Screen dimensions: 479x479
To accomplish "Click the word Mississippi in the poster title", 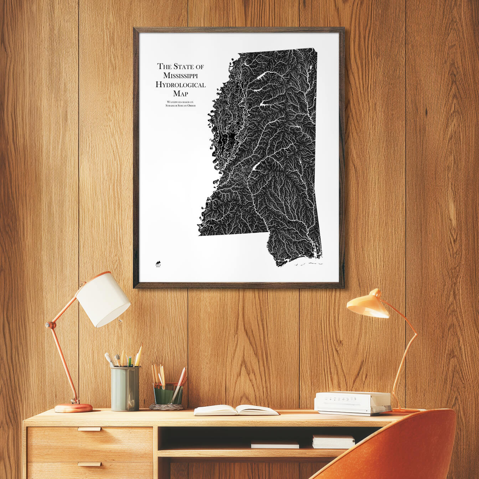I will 180,75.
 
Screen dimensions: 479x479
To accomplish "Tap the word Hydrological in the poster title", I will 180,84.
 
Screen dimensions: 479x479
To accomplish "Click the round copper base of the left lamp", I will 73,408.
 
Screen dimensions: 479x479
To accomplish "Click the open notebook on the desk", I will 236,410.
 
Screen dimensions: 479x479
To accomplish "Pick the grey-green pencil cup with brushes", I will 125,388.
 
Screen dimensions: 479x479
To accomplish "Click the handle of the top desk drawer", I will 89,429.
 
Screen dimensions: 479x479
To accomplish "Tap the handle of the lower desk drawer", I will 89,464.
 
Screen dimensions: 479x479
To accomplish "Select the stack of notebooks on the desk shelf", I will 333,442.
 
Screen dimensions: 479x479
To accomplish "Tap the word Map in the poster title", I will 180,94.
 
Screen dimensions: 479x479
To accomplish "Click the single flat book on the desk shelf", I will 275,444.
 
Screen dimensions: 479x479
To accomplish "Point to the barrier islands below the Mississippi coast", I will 308,264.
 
